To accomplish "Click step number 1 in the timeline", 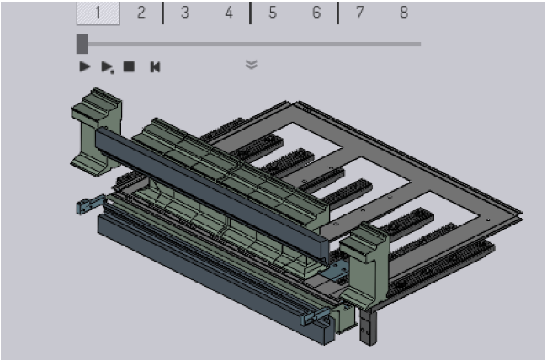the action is click(x=98, y=13).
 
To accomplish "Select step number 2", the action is click(x=141, y=13).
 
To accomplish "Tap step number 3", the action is click(x=185, y=13).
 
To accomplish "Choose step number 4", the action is click(x=229, y=13).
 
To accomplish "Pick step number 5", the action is click(x=273, y=13).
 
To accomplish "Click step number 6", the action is click(x=316, y=13).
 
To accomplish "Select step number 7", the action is click(x=360, y=13).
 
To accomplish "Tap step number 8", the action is click(x=404, y=13).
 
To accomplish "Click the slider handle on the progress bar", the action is click(x=82, y=45).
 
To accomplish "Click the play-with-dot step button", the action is click(x=107, y=67).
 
